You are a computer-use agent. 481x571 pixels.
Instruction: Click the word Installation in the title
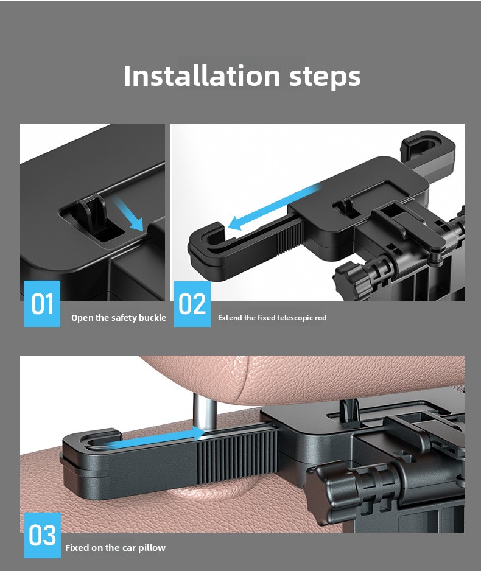tap(202, 75)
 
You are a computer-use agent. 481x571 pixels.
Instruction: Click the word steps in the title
tap(325, 77)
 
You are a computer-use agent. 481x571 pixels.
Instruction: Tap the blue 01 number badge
tap(42, 304)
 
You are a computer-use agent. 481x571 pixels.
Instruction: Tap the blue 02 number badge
tap(192, 304)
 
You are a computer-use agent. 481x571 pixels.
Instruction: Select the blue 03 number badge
tap(43, 535)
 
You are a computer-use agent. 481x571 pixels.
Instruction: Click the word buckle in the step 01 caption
tap(153, 318)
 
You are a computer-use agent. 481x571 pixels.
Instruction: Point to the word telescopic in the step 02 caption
tap(295, 318)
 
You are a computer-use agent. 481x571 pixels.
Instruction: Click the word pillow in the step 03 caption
tap(153, 548)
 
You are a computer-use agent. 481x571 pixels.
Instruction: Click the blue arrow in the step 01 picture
tap(129, 215)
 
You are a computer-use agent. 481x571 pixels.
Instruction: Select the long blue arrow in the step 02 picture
tap(273, 207)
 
